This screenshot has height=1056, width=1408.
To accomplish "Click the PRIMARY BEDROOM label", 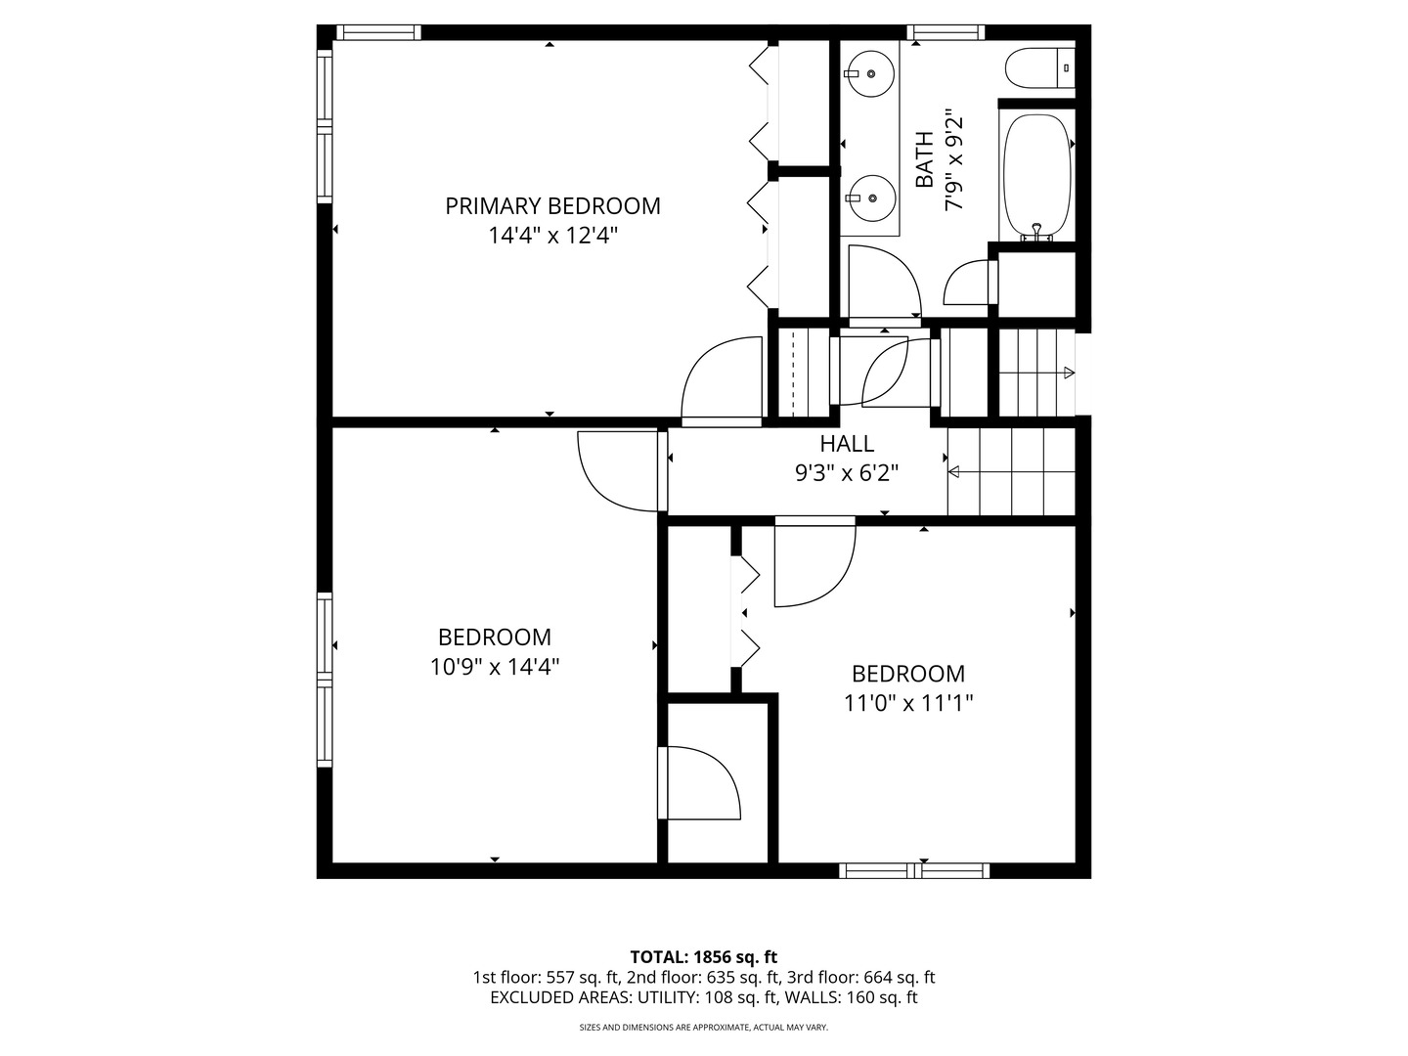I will coord(552,205).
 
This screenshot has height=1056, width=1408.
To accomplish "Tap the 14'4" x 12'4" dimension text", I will coord(552,236).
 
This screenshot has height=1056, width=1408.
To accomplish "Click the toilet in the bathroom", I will coord(1040,67).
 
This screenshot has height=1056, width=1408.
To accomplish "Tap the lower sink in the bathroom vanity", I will coord(869,198).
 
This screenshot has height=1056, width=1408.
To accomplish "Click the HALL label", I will coord(847,444).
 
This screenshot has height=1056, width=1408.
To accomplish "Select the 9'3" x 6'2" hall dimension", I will coord(847,473).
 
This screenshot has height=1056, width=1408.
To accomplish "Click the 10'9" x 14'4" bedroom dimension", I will coord(495,667).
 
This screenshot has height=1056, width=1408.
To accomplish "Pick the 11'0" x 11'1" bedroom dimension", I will coord(908,703).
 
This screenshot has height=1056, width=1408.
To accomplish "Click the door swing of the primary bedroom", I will coord(721,378).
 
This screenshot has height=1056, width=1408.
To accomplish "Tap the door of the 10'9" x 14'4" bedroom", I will coord(618,470).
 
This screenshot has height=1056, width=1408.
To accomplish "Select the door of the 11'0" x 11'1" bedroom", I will coord(814,563).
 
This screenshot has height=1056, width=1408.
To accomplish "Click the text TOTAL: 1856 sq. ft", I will coord(703,956).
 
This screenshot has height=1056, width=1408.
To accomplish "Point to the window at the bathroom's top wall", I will coord(946,32).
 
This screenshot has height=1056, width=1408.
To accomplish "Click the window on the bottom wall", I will coord(915,870).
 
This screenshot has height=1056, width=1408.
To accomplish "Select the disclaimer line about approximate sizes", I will coord(703,1028).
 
